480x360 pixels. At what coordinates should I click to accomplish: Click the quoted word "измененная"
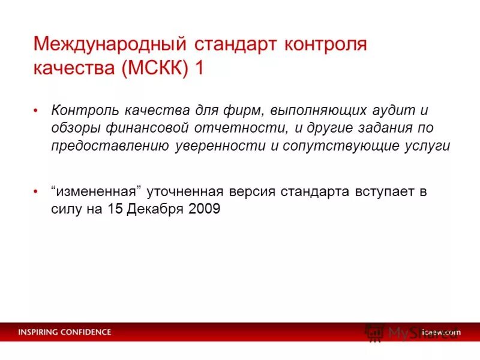(x=100, y=192)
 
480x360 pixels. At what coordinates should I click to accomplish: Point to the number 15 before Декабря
(x=116, y=209)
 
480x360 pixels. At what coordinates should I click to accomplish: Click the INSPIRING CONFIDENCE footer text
(x=64, y=332)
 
